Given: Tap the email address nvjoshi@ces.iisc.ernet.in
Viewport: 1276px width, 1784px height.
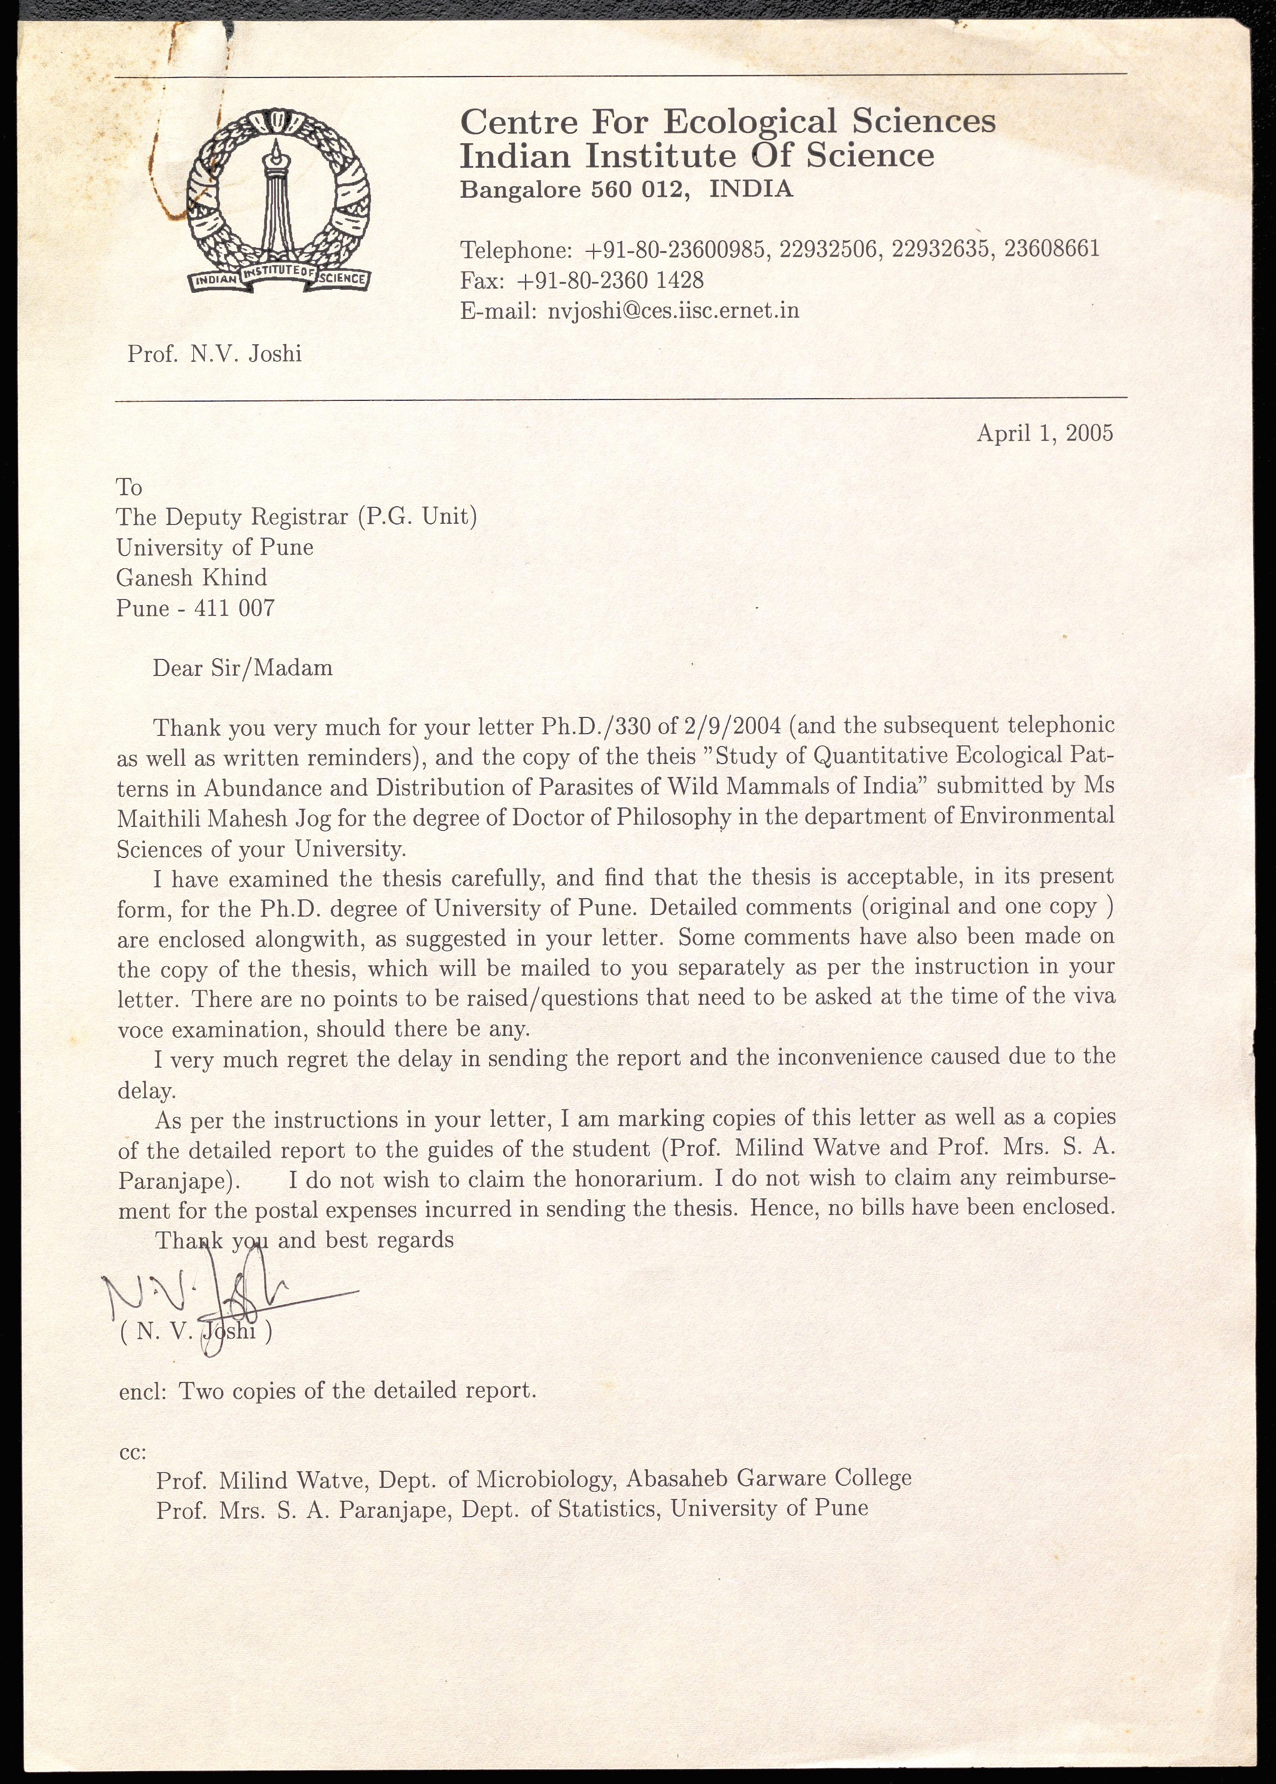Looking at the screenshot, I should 673,311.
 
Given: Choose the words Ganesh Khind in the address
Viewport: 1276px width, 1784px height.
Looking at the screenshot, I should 192,578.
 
